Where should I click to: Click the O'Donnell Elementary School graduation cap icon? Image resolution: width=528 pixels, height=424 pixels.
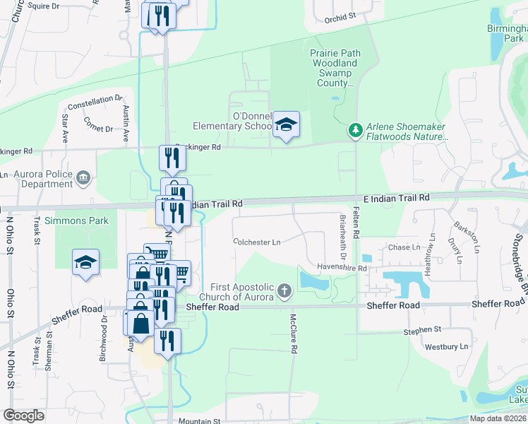286,124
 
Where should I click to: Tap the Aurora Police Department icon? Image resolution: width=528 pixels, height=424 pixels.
84,177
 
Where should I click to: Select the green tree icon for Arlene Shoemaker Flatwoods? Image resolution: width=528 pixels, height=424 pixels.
355,130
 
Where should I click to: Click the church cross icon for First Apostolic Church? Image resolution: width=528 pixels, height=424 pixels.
284,290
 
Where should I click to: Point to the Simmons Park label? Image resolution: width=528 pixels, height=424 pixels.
77,220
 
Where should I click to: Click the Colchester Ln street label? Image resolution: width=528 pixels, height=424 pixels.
257,242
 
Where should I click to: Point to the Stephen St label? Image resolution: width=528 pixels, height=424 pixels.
422,330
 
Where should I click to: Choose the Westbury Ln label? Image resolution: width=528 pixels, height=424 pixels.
445,347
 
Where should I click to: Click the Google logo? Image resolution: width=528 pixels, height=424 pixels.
23,416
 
